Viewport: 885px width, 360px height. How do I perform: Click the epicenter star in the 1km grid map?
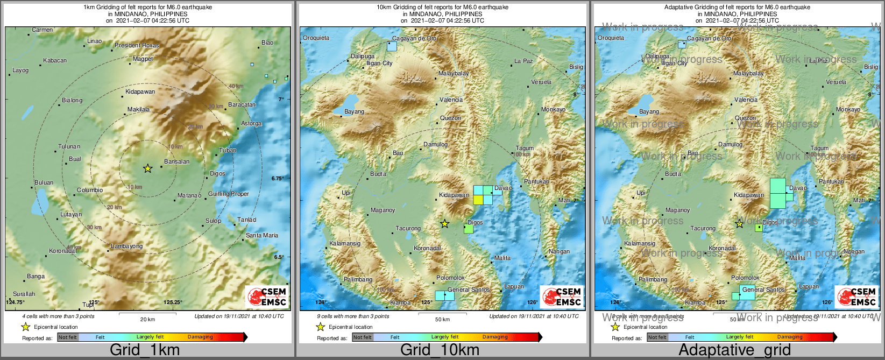coord(147,168)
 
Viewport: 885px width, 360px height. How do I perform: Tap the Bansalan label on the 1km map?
coord(176,161)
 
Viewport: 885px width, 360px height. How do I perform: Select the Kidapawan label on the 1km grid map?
coord(140,92)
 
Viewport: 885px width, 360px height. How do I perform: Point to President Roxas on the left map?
coord(137,46)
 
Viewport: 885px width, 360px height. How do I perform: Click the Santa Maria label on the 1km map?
coord(262,235)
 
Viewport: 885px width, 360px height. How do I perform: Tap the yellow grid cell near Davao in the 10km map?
coord(478,200)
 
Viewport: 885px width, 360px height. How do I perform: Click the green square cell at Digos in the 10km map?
coord(469,229)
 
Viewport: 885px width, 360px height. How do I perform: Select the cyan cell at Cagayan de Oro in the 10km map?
coord(392,47)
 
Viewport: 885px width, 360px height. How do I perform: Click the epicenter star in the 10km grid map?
coord(444,223)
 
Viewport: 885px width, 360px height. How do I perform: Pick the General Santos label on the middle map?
coord(469,290)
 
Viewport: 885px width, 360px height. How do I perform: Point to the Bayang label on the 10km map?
coord(354,112)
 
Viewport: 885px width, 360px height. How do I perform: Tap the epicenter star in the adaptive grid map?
coord(740,223)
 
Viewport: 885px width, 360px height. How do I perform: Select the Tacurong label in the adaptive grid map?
coord(703,229)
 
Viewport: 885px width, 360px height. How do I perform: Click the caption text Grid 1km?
coord(145,350)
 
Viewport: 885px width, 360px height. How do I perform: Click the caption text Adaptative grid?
coord(734,350)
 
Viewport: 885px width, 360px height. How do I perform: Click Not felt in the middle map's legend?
coord(362,337)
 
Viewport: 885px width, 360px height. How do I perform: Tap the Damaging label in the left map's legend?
coord(200,337)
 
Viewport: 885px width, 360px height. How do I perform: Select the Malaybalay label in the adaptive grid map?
coord(748,73)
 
